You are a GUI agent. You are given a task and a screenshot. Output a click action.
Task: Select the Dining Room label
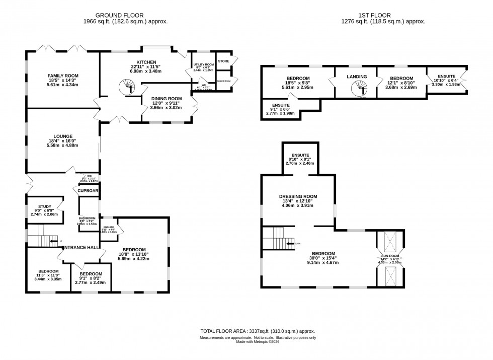pos(168,99)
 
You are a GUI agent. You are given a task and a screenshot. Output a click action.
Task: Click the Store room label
pos(224,61)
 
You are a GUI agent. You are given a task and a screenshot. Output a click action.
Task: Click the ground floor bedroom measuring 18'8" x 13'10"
pos(132,250)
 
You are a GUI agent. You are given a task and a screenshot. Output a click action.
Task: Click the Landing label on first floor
pos(357,77)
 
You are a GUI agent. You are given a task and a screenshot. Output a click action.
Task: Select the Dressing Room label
pos(299,196)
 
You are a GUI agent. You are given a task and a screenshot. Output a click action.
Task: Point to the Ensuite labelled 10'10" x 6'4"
pos(447,79)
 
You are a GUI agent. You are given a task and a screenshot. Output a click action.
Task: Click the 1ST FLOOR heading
pos(382,15)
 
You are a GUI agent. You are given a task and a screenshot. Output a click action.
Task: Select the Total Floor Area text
pos(258,331)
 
